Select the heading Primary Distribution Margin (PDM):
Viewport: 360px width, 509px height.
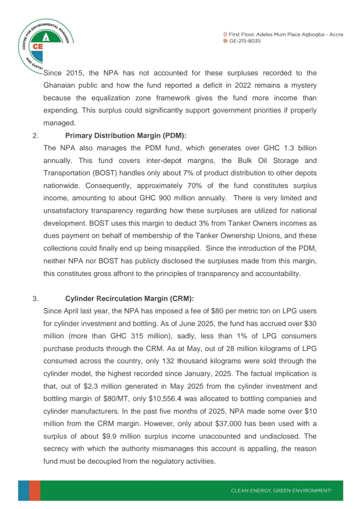pyautogui.click(x=126, y=135)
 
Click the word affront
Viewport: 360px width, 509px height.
pyautogui.click(x=147, y=273)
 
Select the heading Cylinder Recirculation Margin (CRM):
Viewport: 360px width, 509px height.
pyautogui.click(x=129, y=299)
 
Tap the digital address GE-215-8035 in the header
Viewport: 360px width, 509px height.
pyautogui.click(x=245, y=41)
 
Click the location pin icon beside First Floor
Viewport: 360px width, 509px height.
pyautogui.click(x=225, y=34)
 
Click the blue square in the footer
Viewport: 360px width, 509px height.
pyautogui.click(x=24, y=490)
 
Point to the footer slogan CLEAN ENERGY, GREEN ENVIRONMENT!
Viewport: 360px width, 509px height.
pyautogui.click(x=281, y=491)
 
